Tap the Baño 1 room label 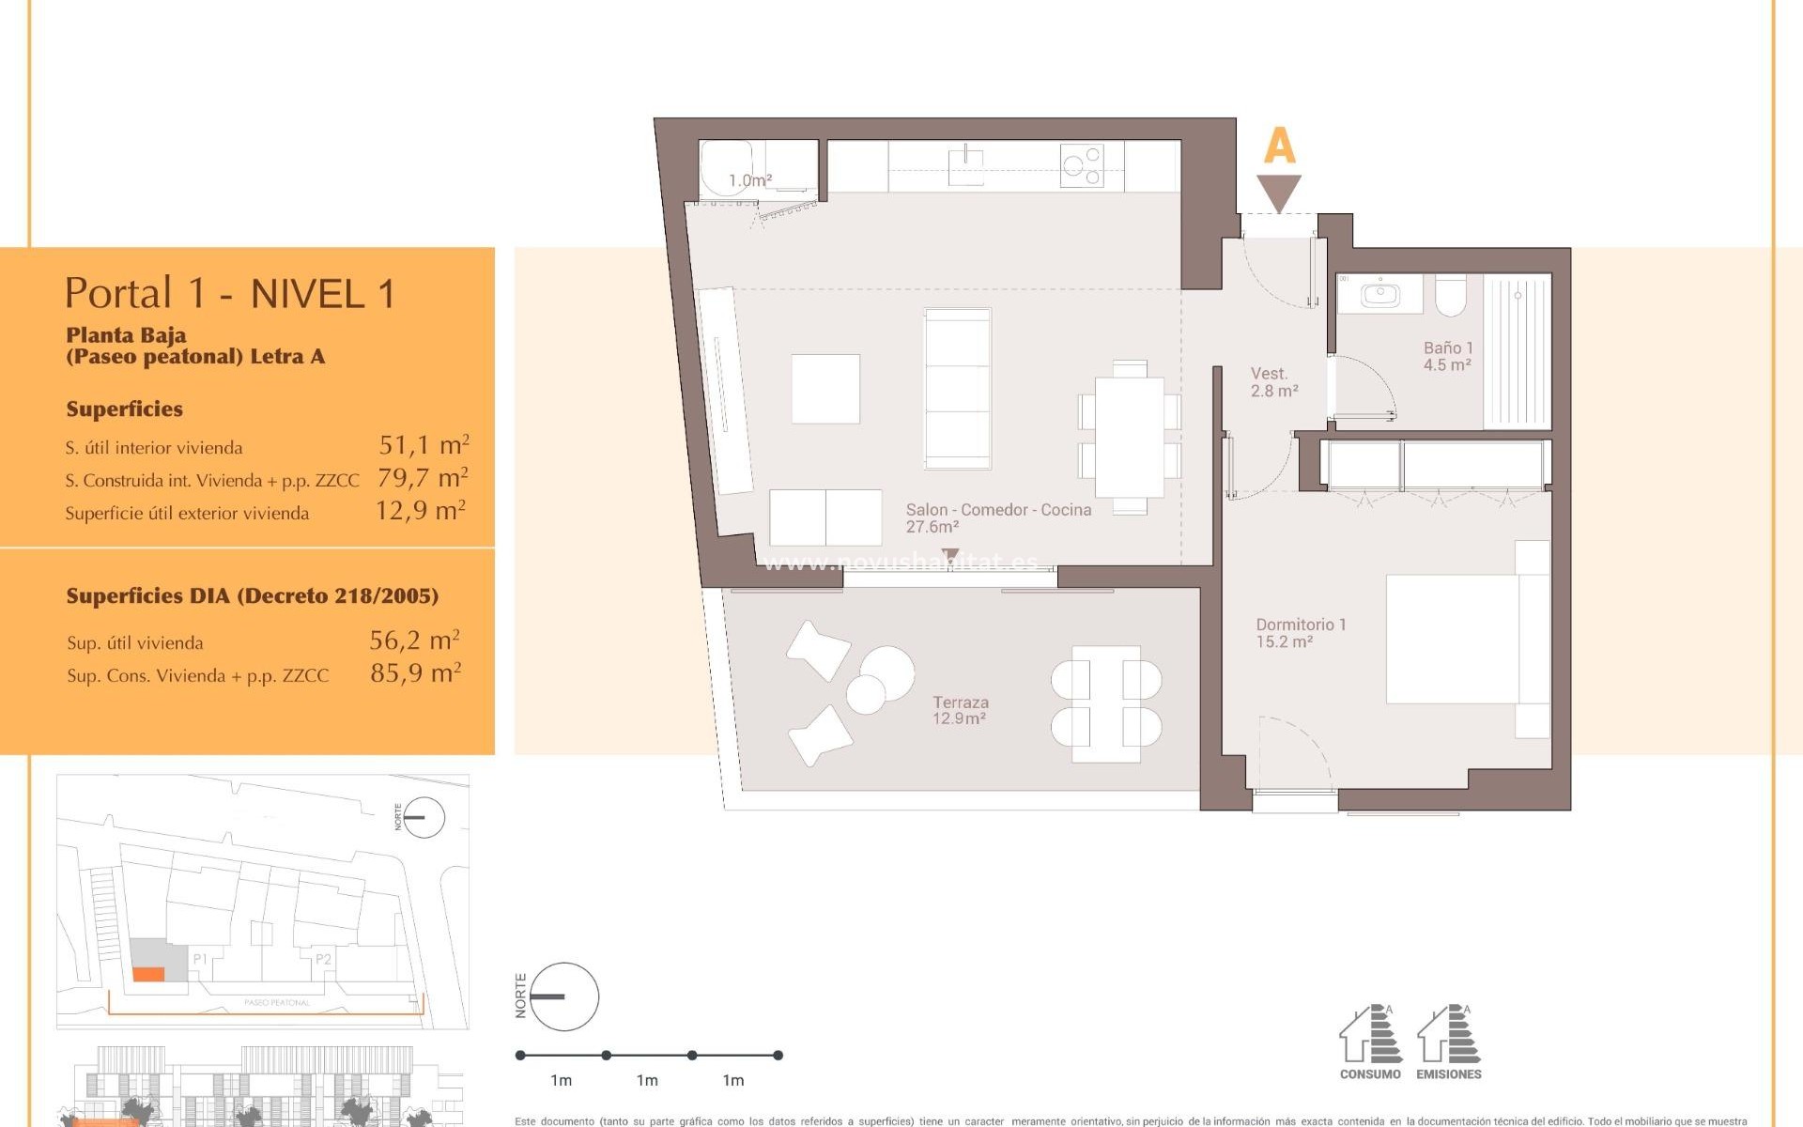pos(1447,356)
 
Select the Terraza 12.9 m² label pos(960,710)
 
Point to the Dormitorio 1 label pos(1301,632)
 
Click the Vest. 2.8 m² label pos(1273,382)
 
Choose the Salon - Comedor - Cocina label pos(997,517)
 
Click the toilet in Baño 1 pos(1451,295)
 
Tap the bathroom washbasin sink pos(1379,294)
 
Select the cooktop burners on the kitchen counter pos(1082,165)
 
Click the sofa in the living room pos(958,388)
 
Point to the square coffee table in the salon pos(825,388)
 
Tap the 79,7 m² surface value pos(423,478)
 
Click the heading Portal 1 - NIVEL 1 pos(230,294)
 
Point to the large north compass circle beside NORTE pos(563,996)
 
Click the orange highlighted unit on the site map pos(148,975)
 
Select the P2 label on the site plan pos(323,959)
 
